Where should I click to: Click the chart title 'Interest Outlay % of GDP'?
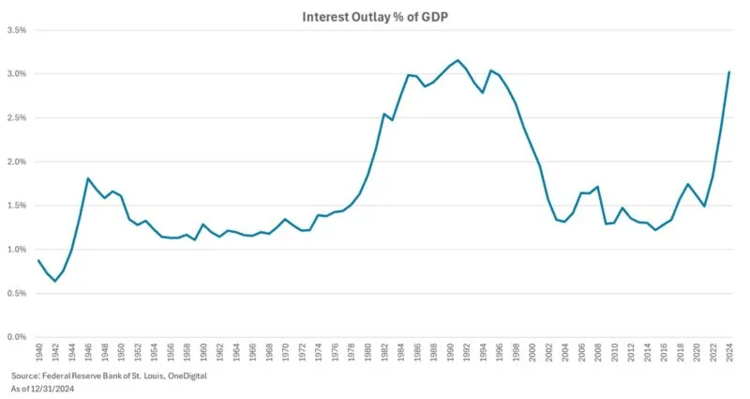(375, 17)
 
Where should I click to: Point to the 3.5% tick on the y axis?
(16, 30)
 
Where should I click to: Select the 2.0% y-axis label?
(16, 161)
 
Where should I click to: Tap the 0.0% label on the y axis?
(16, 337)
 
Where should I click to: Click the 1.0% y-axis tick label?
(16, 250)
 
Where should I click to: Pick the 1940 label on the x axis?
(38, 355)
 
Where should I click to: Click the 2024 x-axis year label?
(728, 355)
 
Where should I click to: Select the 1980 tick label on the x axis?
(367, 355)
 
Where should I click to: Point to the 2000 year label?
(532, 355)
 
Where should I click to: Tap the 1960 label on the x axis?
(202, 355)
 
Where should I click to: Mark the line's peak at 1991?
(457, 60)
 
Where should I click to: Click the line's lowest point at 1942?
(55, 281)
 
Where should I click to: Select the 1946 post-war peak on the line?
(88, 178)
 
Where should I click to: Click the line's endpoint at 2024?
(728, 72)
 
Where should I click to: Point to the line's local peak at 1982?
(383, 115)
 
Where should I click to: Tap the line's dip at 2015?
(654, 230)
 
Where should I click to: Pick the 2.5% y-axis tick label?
(16, 118)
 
